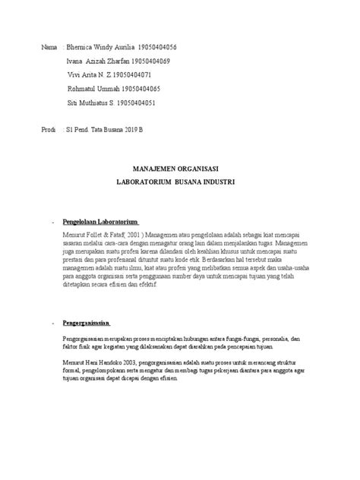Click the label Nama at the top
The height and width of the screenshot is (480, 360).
[x=49, y=47]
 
